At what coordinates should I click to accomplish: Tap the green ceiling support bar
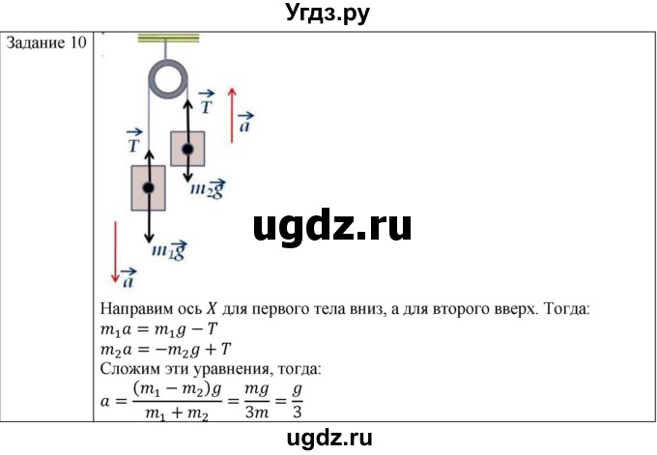click(168, 39)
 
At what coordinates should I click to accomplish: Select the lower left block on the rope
click(149, 187)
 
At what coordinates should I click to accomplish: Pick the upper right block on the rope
click(187, 149)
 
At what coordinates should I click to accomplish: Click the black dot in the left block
click(149, 187)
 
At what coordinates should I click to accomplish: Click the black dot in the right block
click(187, 149)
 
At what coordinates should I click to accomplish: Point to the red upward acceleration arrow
click(232, 115)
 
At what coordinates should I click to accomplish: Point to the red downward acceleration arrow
click(116, 252)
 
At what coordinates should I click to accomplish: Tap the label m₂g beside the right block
click(208, 188)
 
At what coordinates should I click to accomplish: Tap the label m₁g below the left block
click(168, 250)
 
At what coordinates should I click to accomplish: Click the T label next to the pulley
click(206, 102)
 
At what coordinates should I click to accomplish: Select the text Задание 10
click(46, 43)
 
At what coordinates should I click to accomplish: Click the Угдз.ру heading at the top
click(328, 14)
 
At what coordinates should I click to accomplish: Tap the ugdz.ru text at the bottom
click(329, 439)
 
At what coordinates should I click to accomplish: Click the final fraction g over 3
click(297, 401)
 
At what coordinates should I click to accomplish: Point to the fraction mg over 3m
click(257, 401)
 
